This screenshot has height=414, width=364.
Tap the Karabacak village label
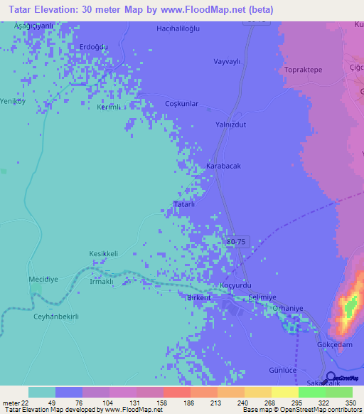[x=223, y=166]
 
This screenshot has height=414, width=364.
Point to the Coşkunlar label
[x=181, y=103]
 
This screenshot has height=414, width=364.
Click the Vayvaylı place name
[x=228, y=61]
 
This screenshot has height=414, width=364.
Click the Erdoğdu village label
[x=93, y=47]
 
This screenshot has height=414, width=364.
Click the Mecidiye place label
[x=43, y=280]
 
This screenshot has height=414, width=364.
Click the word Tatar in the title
[x=23, y=10]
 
